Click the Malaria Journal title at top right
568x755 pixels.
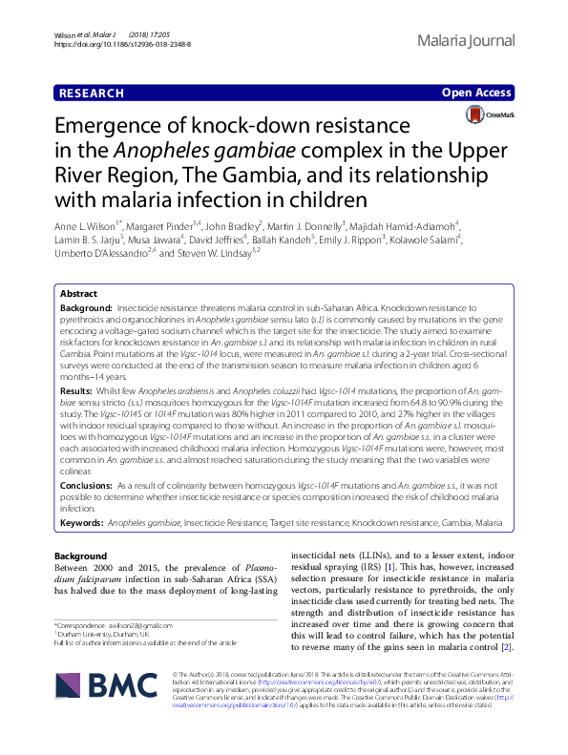tap(466, 40)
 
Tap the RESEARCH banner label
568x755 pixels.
tap(91, 94)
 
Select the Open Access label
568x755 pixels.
tap(477, 94)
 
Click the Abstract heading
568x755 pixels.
tap(80, 296)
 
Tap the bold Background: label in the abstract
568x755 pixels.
tap(86, 311)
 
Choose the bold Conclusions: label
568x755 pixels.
tap(88, 486)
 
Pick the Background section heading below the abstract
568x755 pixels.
tap(80, 556)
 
